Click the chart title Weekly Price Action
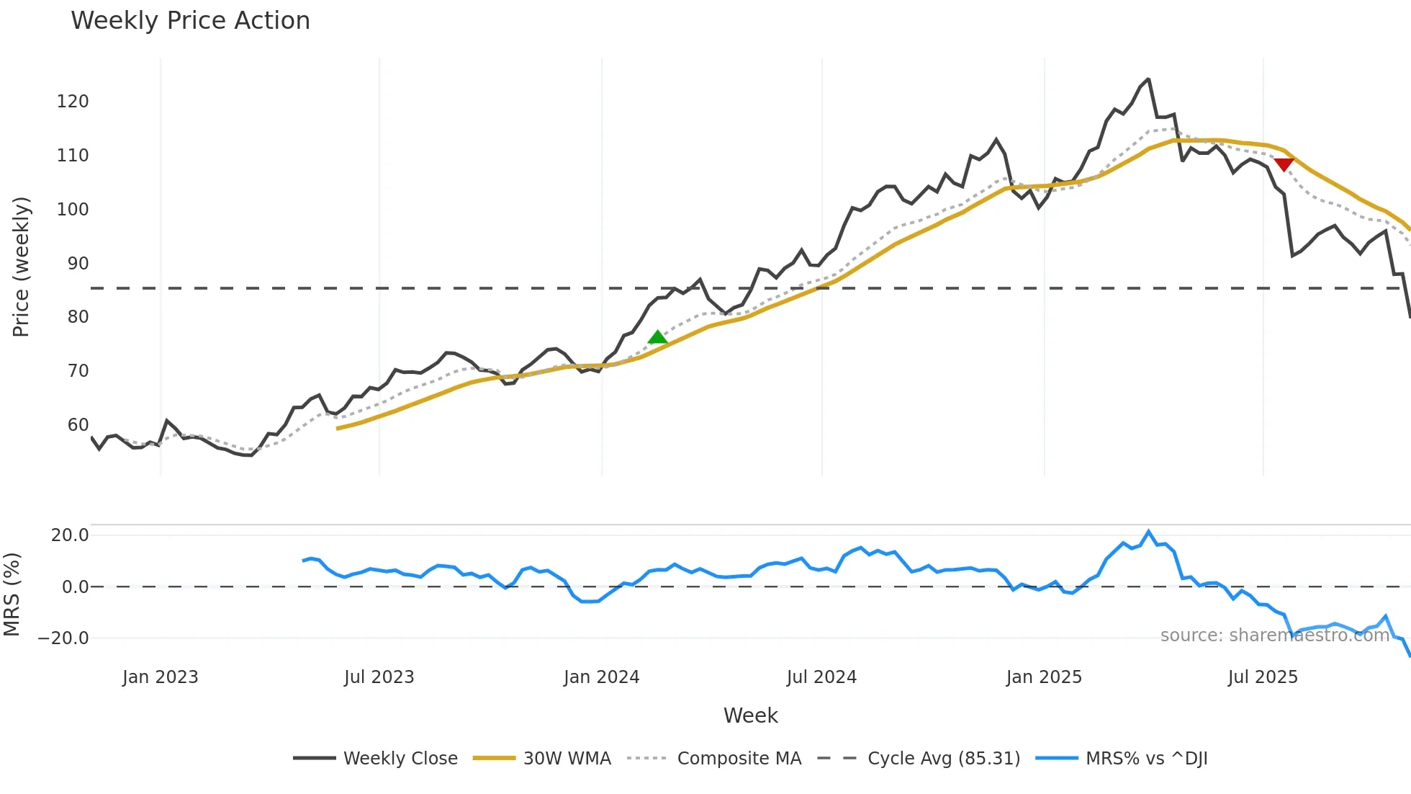click(190, 21)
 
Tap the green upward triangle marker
click(657, 337)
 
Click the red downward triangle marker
click(1284, 165)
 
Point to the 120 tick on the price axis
click(73, 102)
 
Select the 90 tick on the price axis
click(78, 264)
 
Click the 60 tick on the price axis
click(78, 425)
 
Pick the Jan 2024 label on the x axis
click(601, 677)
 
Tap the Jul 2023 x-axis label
click(379, 677)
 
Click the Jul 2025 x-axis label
click(1263, 677)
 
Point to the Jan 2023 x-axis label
click(160, 677)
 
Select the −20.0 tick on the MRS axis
click(63, 638)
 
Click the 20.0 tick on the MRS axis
click(70, 535)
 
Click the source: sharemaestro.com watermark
click(1274, 635)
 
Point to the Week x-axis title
click(750, 716)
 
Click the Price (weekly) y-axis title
click(22, 267)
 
